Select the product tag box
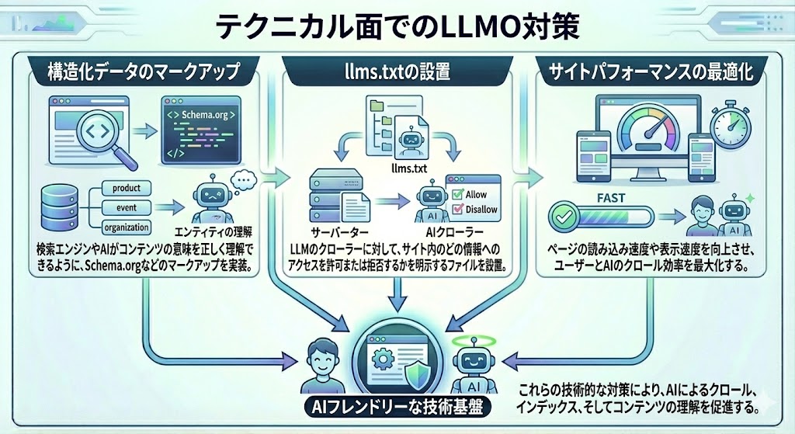click(x=126, y=188)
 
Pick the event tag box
click(x=126, y=207)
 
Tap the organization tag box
click(x=126, y=227)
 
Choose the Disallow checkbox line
click(x=474, y=210)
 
